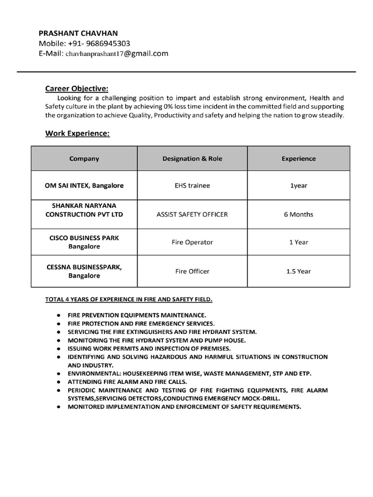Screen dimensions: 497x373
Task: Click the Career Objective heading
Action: point(77,88)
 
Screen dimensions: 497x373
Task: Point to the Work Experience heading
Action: point(78,133)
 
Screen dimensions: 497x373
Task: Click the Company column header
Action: point(84,159)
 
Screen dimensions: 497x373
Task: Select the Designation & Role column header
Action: point(192,159)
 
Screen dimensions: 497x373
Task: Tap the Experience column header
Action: point(298,159)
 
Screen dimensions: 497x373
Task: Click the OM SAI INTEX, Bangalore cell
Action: point(85,185)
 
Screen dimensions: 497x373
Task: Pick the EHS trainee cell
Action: point(192,185)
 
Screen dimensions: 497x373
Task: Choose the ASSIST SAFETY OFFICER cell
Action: point(192,214)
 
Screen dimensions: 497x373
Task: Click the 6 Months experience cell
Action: point(298,214)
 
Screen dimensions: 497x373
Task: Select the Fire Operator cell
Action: point(192,242)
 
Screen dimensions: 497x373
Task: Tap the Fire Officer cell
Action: point(192,271)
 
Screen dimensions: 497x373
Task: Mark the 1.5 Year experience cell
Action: point(298,271)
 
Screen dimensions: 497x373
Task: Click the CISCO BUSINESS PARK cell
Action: point(84,242)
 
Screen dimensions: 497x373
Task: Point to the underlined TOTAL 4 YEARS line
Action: point(129,300)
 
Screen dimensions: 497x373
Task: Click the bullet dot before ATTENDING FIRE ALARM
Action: point(58,382)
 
